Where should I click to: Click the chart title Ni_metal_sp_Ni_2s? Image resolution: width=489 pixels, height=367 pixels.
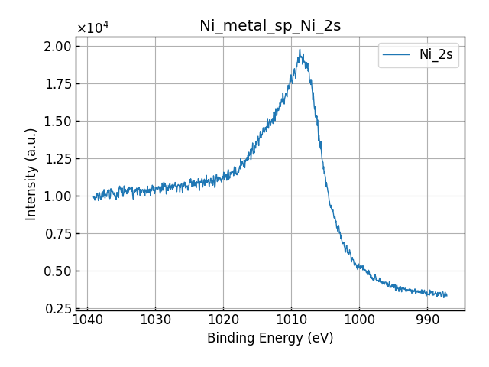pyautogui.click(x=270, y=26)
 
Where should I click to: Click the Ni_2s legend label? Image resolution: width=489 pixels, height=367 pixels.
pyautogui.click(x=436, y=55)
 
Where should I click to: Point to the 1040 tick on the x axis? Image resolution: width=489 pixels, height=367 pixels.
pyautogui.click(x=87, y=319)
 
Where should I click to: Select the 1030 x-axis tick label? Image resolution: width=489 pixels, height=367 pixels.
pyautogui.click(x=155, y=319)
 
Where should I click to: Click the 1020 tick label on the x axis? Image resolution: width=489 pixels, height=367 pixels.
pyautogui.click(x=223, y=319)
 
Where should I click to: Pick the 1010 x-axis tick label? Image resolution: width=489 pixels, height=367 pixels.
pyautogui.click(x=291, y=319)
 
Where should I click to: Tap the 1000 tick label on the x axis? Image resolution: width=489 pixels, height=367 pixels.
pyautogui.click(x=359, y=319)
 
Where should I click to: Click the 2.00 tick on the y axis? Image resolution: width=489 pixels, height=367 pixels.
pyautogui.click(x=57, y=47)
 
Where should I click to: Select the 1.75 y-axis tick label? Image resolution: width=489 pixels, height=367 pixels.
pyautogui.click(x=57, y=84)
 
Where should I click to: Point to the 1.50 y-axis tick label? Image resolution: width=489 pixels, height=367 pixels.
pyautogui.click(x=57, y=122)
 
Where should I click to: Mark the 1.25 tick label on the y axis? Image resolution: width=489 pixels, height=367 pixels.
pyautogui.click(x=57, y=159)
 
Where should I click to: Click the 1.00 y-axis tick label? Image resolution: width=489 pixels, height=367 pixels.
pyautogui.click(x=57, y=196)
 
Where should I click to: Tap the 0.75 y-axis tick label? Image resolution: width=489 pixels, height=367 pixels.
pyautogui.click(x=57, y=234)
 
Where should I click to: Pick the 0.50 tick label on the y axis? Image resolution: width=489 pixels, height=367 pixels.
pyautogui.click(x=57, y=271)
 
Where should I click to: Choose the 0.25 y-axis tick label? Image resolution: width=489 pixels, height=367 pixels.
pyautogui.click(x=57, y=309)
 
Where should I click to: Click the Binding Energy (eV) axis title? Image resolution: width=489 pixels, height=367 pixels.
pyautogui.click(x=270, y=338)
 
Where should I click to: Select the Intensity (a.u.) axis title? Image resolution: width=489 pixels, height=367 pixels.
pyautogui.click(x=31, y=174)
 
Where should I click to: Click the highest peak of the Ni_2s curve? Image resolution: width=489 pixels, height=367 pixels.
pyautogui.click(x=300, y=50)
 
